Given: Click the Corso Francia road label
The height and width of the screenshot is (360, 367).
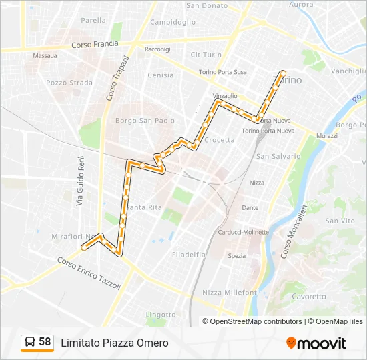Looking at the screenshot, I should [x=95, y=45].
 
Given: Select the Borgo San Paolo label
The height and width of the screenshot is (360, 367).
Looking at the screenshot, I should [x=145, y=121].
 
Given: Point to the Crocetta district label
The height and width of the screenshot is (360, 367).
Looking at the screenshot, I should [x=220, y=140].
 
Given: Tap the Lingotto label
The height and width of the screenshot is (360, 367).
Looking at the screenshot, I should [x=161, y=315].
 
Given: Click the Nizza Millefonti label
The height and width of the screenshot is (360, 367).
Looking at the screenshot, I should [x=230, y=293].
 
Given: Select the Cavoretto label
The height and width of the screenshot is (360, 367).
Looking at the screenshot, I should [x=309, y=297].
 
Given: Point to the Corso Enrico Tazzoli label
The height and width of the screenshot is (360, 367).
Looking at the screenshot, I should [x=88, y=273].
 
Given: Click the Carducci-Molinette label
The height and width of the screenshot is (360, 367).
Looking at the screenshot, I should [x=243, y=232].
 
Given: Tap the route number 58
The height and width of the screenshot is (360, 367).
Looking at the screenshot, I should [x=45, y=342].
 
